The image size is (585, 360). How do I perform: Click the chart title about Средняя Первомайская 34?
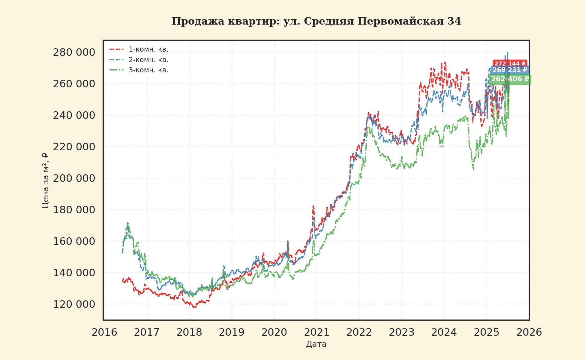(x=316, y=21)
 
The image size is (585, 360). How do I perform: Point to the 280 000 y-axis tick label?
(x=74, y=52)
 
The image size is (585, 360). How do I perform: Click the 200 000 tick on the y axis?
(x=74, y=178)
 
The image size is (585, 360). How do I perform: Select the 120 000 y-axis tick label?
(x=74, y=304)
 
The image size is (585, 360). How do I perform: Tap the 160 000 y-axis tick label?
(x=74, y=241)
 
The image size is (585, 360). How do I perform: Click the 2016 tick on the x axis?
(x=104, y=332)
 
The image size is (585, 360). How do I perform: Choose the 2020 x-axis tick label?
(x=274, y=332)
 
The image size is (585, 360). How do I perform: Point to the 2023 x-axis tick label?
(x=402, y=332)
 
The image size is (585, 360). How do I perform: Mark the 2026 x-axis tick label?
(x=529, y=332)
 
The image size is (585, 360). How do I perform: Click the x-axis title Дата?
(x=316, y=344)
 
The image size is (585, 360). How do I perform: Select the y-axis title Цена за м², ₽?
(x=45, y=180)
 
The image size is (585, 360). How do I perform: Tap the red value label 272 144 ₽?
(x=510, y=64)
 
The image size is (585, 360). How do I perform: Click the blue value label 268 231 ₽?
(x=510, y=70)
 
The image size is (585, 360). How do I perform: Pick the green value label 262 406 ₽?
(x=510, y=79)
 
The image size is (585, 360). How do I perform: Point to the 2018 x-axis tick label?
(x=189, y=332)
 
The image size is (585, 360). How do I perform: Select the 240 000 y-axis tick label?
(x=74, y=115)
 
